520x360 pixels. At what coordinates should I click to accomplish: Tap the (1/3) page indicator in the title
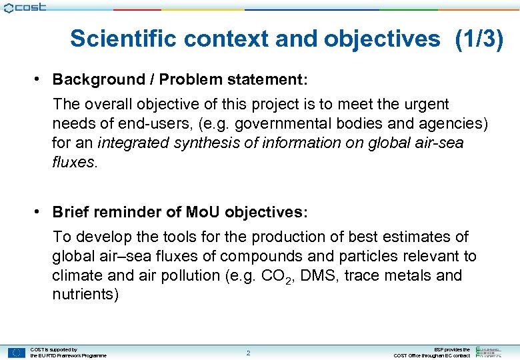point(479,39)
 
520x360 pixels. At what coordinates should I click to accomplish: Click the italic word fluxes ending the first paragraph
point(74,163)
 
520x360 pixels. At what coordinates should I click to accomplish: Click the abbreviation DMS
point(319,275)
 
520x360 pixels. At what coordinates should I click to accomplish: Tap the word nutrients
point(85,295)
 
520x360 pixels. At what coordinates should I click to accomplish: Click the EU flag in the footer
point(17,353)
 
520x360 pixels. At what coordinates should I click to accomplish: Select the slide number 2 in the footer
point(248,353)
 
